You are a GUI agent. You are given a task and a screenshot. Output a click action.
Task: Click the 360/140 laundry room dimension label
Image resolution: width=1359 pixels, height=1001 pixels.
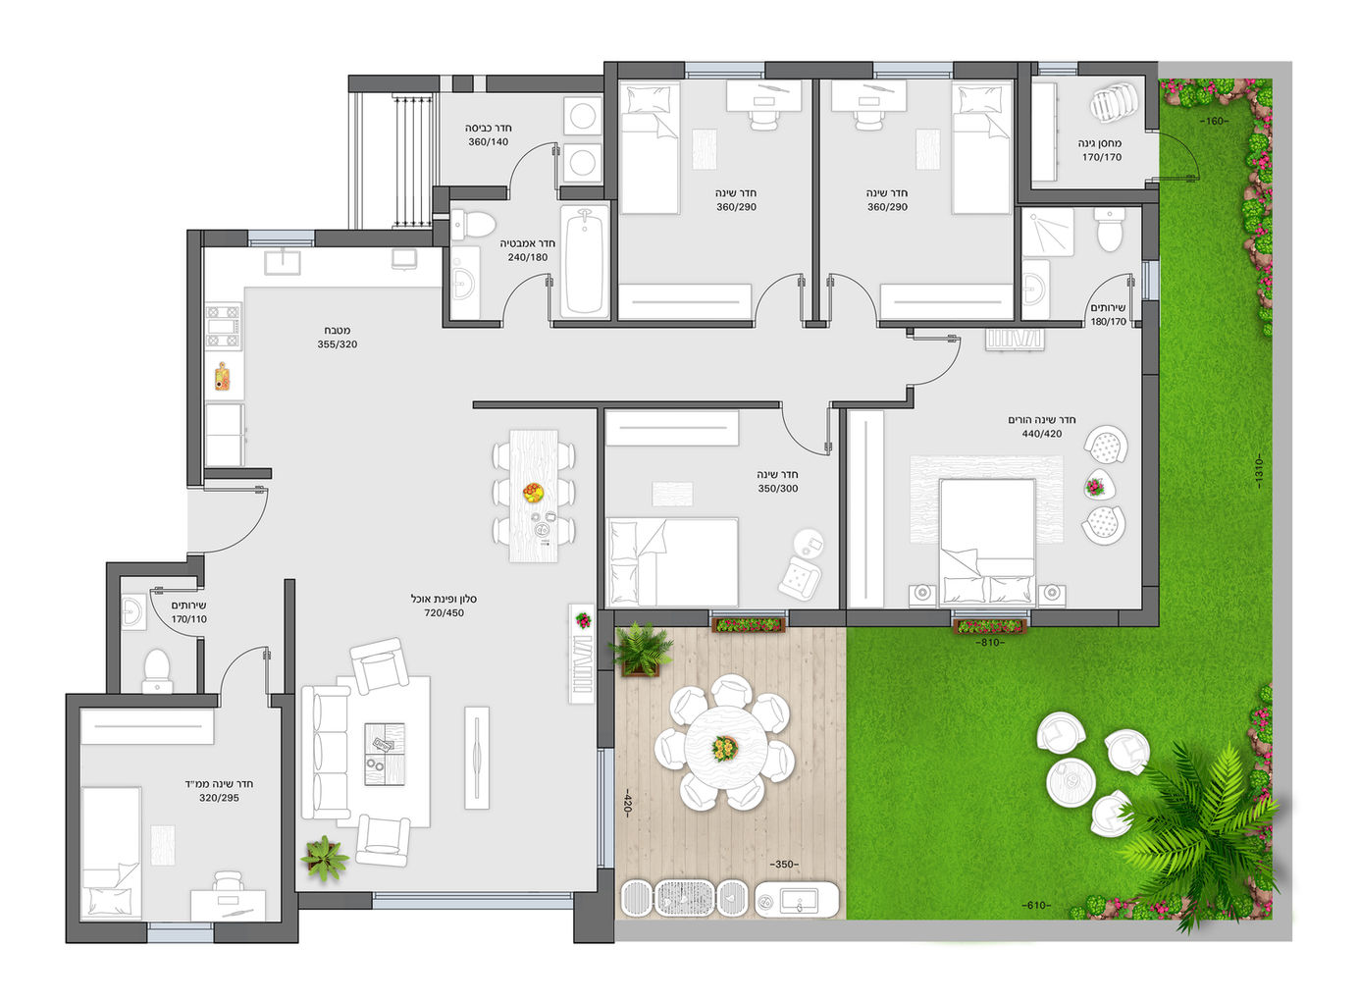point(488,142)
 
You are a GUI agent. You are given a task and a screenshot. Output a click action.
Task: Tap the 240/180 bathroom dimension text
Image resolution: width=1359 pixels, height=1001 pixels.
point(527,257)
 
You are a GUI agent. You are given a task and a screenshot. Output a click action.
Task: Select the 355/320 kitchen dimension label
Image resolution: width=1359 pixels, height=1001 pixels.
point(338,344)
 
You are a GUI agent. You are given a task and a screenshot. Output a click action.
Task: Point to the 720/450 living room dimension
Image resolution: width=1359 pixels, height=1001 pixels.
point(444,613)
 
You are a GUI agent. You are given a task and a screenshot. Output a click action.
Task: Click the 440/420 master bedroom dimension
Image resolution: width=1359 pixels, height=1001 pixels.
point(1042,434)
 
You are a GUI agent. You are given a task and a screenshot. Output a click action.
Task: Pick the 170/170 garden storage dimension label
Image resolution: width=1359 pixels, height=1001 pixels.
point(1102,157)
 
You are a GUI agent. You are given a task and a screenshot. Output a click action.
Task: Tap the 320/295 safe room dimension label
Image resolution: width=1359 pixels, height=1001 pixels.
point(219,798)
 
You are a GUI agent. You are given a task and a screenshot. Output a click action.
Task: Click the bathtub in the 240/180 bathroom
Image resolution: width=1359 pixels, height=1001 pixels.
point(584,262)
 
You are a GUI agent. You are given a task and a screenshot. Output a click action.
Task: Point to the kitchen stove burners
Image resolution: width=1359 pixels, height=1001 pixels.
point(224,328)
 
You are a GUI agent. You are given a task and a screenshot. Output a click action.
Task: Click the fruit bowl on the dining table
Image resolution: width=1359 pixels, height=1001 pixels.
point(533,492)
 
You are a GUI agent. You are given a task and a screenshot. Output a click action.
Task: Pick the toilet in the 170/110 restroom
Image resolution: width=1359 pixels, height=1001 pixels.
point(157,671)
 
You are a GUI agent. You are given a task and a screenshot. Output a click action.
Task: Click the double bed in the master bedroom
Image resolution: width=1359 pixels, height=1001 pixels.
point(986,543)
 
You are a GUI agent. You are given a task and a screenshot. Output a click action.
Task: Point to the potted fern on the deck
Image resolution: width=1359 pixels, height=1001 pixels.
point(642,650)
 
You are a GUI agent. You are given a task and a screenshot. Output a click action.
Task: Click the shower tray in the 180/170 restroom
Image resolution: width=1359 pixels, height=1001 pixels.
point(1048,232)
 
